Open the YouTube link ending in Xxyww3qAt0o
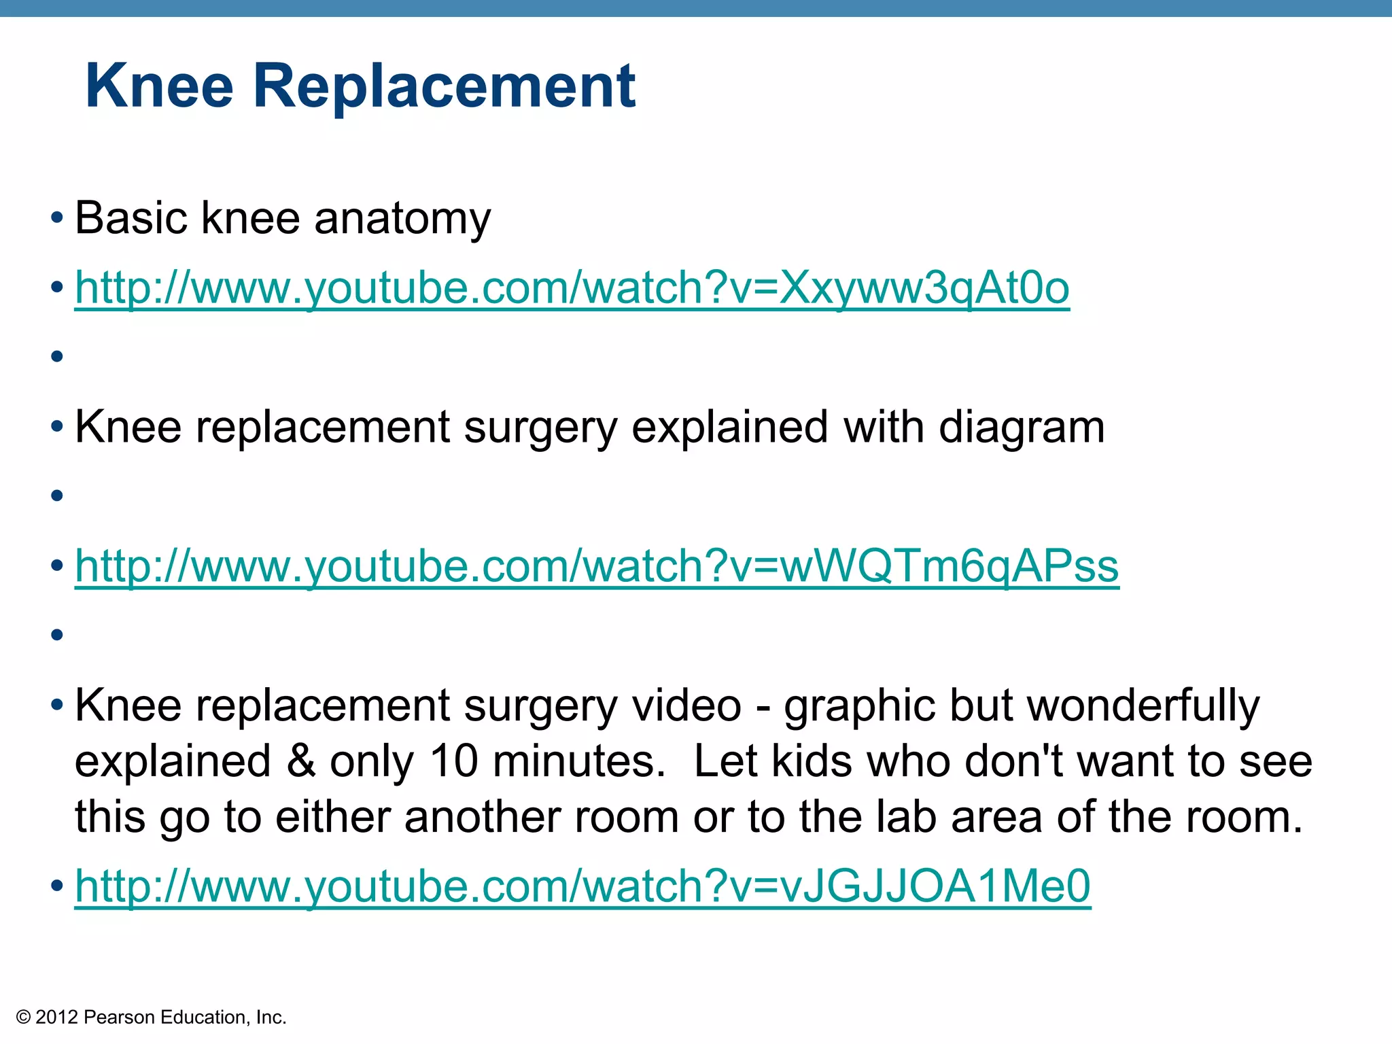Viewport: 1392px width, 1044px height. (x=572, y=288)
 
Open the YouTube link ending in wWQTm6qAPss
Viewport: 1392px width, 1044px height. (x=596, y=566)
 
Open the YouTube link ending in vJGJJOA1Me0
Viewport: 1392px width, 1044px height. (x=582, y=886)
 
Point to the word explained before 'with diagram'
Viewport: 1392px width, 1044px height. (x=729, y=428)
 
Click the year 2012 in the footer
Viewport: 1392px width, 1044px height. (x=56, y=1017)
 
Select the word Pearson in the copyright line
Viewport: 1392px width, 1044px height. (x=111, y=1017)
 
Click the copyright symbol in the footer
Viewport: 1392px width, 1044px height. (x=24, y=1017)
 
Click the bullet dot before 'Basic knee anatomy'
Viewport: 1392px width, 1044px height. (x=57, y=219)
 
